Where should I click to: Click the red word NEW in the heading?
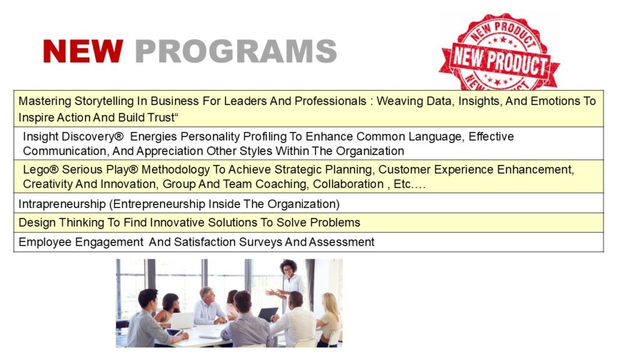(x=83, y=51)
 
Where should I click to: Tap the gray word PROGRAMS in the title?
(x=236, y=51)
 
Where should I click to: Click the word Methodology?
(x=175, y=169)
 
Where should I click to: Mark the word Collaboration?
(x=348, y=184)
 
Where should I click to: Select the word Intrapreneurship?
(x=62, y=204)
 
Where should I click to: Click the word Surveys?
(x=261, y=242)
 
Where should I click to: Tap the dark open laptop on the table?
(x=267, y=314)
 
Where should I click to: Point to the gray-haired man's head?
(x=206, y=294)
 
